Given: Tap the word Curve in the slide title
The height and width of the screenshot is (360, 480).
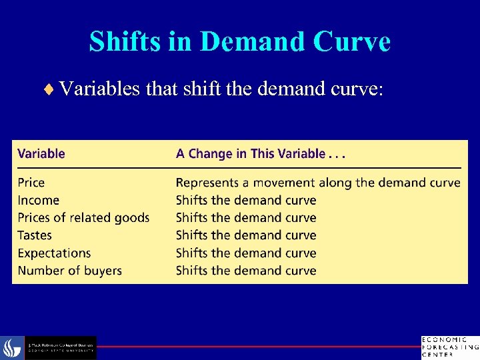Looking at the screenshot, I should (x=353, y=41).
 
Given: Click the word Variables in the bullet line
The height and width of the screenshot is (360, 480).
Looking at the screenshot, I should (x=99, y=89).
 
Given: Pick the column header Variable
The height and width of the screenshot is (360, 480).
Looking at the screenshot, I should (x=41, y=153).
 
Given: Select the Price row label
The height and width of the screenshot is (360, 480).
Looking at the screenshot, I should (x=31, y=183).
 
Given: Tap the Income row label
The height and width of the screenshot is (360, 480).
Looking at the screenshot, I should (x=38, y=200).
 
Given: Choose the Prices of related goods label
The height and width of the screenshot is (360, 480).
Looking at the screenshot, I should (x=83, y=217).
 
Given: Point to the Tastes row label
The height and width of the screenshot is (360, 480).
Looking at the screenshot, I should (x=35, y=235).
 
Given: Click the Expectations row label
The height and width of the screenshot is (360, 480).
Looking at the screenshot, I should (x=54, y=253).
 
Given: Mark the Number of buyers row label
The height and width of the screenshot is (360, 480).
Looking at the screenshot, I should (x=69, y=271).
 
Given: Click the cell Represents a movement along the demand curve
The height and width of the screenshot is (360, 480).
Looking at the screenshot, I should (x=318, y=183).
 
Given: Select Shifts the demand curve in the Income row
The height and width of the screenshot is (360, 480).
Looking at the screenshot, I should (x=246, y=200).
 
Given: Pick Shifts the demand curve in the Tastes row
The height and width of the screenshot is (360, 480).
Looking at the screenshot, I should (x=246, y=235).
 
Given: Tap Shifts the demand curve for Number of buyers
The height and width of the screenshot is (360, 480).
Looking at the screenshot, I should (x=246, y=271).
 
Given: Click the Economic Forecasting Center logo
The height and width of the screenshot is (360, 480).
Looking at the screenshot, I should (x=449, y=347).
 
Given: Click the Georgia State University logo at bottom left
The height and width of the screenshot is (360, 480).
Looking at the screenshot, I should (x=49, y=347).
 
